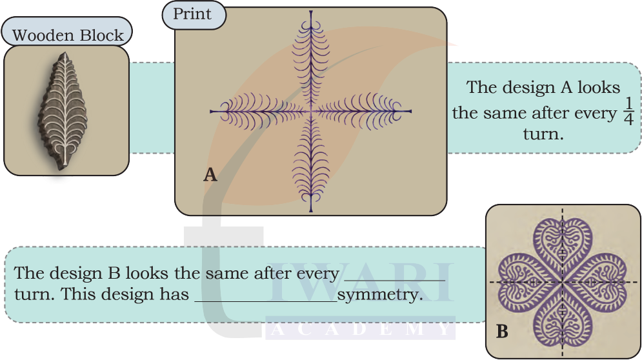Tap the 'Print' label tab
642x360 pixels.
coord(192,14)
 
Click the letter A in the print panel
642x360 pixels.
coord(210,174)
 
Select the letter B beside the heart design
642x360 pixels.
coord(502,332)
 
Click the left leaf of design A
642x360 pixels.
coord(258,111)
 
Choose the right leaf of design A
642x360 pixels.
coord(361,111)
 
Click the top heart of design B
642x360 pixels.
coord(562,245)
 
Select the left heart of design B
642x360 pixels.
coord(525,283)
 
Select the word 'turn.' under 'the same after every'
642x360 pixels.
coord(543,135)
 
